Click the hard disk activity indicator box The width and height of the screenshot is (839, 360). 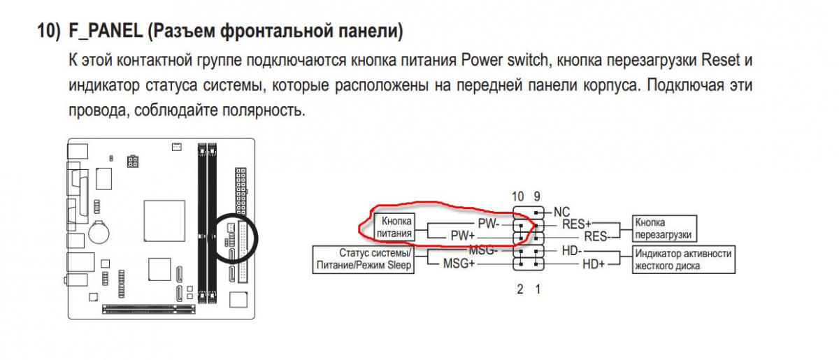pyautogui.click(x=682, y=259)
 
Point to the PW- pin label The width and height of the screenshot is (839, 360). pyautogui.click(x=488, y=224)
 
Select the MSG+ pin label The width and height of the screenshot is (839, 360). pyautogui.click(x=459, y=264)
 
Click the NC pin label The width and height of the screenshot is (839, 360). pyautogui.click(x=562, y=210)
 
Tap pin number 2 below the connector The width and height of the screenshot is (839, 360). pyautogui.click(x=520, y=288)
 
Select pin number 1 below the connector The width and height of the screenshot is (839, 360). pyautogui.click(x=538, y=288)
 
